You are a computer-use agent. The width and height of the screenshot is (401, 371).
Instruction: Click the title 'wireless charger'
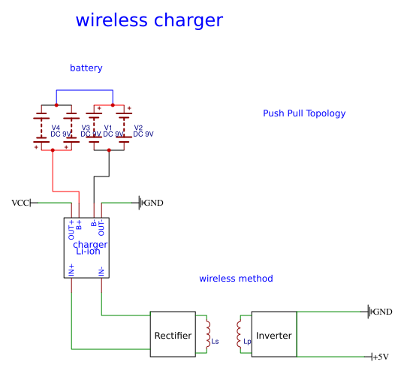[x=149, y=20]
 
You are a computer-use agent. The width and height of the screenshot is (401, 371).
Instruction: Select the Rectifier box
[x=173, y=335]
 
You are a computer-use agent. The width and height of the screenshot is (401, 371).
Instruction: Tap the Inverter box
[x=274, y=335]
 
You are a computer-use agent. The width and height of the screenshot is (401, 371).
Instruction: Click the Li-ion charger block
[x=87, y=248]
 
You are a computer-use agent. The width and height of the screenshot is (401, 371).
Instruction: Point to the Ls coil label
[x=216, y=342]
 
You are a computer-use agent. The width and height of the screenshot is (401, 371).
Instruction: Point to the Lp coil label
[x=246, y=342]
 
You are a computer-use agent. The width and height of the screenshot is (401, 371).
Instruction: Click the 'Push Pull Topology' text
[x=304, y=113]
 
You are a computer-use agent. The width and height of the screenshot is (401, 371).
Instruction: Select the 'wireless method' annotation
[x=236, y=279]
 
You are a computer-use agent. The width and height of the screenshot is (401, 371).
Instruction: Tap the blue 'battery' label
[x=86, y=68]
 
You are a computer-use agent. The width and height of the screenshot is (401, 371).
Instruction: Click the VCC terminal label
[x=20, y=203]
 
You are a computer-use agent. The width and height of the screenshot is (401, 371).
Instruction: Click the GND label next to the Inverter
[x=382, y=312]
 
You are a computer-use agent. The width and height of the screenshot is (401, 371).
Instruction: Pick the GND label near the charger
[x=153, y=203]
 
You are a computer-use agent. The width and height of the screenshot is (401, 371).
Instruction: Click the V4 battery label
[x=56, y=128]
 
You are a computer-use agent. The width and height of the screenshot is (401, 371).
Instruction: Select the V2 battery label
[x=138, y=128]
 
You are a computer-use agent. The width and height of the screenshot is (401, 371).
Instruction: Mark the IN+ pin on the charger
[x=72, y=270]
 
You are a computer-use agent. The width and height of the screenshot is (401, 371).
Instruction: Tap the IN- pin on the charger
[x=101, y=270]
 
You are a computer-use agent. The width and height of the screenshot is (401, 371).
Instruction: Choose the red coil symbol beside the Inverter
[x=240, y=334]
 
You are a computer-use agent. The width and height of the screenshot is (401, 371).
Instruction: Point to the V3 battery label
[x=86, y=128]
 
